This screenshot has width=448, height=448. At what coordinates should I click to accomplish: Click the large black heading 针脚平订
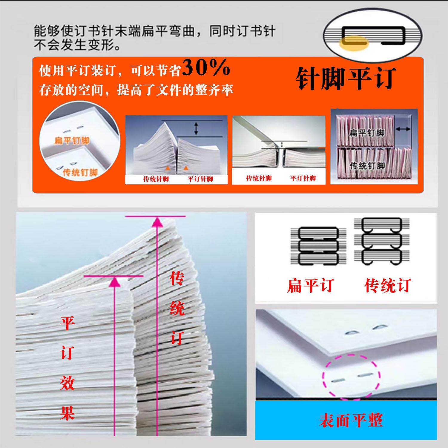(346, 79)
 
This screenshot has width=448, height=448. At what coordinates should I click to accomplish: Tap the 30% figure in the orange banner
(206, 68)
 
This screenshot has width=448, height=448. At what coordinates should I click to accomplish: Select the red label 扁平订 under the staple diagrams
(310, 286)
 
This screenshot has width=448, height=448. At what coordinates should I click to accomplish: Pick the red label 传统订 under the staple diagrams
(388, 286)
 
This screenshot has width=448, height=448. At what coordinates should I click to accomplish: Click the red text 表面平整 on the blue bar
(351, 421)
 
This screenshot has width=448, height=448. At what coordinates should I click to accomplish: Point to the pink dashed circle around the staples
(351, 377)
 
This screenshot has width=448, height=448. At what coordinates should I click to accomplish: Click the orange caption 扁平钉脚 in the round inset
(72, 140)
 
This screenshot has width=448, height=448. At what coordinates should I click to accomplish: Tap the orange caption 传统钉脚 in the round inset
(80, 172)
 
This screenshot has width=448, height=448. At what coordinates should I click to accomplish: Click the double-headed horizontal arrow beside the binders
(403, 129)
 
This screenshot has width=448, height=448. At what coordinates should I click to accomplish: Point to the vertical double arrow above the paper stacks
(196, 128)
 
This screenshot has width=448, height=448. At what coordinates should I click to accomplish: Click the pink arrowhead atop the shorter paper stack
(115, 282)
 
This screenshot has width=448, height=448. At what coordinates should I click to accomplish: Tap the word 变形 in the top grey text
(101, 46)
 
